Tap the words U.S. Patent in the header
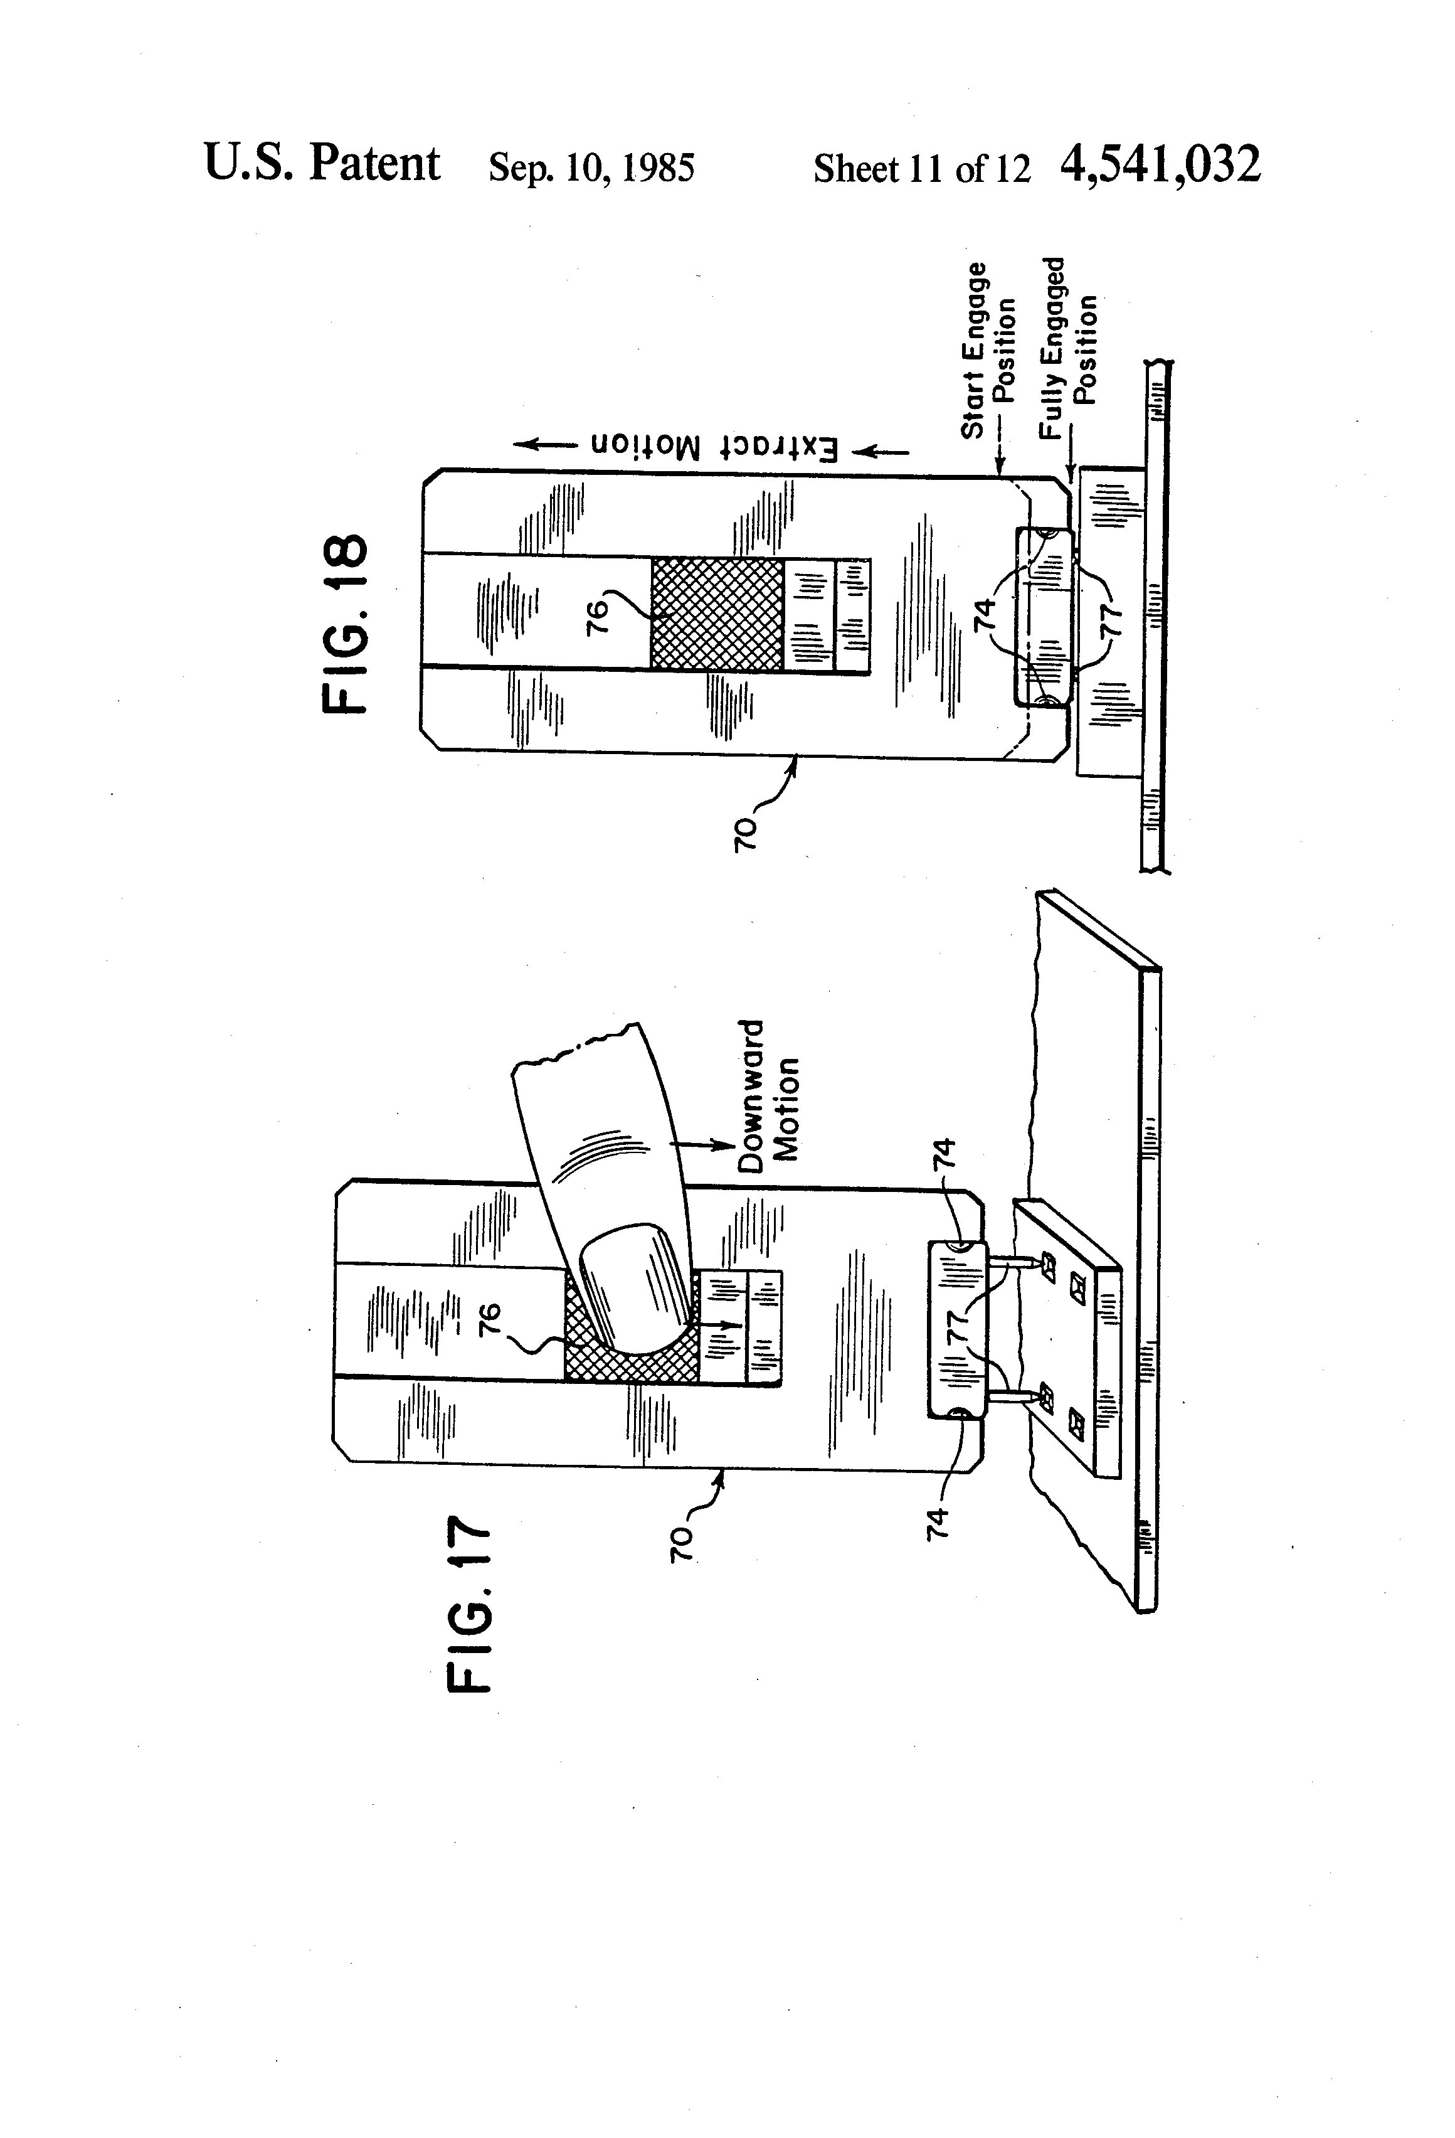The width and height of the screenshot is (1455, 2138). point(322,164)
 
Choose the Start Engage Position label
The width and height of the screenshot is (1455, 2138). point(988,349)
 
